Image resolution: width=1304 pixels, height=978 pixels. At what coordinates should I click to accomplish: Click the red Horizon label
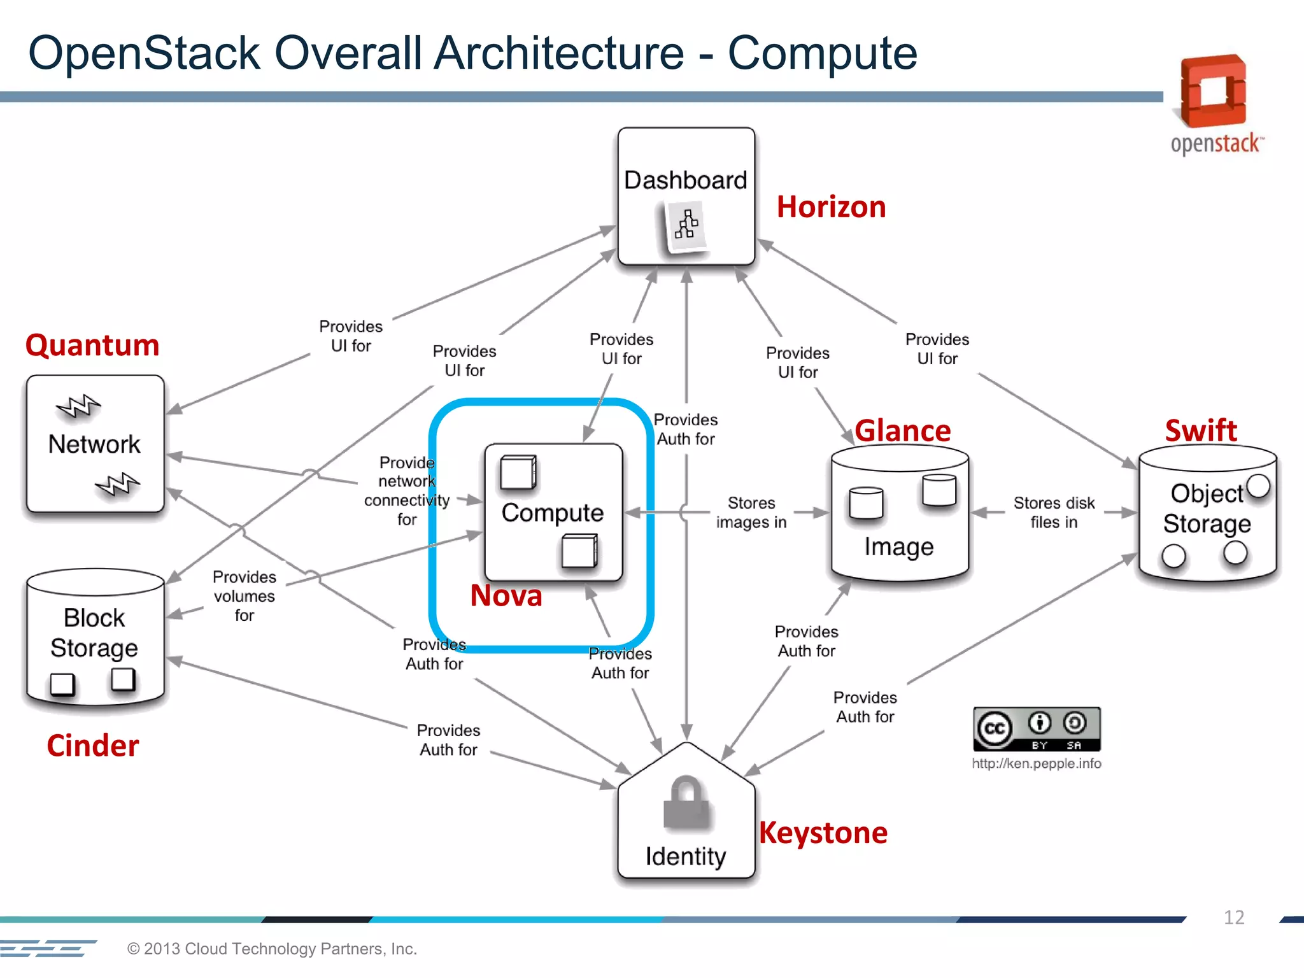pyautogui.click(x=831, y=208)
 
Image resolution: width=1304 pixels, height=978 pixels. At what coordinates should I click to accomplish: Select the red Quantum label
pyautogui.click(x=92, y=346)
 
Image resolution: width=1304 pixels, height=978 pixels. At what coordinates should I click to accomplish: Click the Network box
pyautogui.click(x=95, y=444)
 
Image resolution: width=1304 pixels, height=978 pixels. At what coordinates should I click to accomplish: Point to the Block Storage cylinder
pyautogui.click(x=95, y=637)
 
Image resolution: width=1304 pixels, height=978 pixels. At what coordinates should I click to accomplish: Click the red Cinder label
pyautogui.click(x=93, y=746)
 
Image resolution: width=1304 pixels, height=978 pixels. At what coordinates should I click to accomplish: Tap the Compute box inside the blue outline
pyautogui.click(x=553, y=512)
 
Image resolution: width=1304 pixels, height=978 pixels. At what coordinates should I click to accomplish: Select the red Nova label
pyautogui.click(x=506, y=596)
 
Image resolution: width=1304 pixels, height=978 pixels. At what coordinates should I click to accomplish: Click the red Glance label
pyautogui.click(x=902, y=431)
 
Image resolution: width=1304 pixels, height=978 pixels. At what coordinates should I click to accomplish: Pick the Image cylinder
pyautogui.click(x=899, y=516)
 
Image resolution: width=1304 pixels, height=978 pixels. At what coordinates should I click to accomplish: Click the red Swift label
pyautogui.click(x=1201, y=431)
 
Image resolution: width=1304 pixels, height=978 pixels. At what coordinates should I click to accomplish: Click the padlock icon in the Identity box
pyautogui.click(x=685, y=804)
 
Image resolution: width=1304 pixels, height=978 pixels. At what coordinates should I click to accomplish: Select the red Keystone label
pyautogui.click(x=823, y=833)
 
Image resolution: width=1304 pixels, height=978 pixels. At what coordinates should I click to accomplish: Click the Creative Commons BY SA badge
pyautogui.click(x=1037, y=729)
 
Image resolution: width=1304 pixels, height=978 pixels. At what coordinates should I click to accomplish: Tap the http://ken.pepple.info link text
pyautogui.click(x=1037, y=763)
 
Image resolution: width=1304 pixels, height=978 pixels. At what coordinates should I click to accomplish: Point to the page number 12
pyautogui.click(x=1233, y=917)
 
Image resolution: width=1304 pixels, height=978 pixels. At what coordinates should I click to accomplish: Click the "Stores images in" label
pyautogui.click(x=751, y=513)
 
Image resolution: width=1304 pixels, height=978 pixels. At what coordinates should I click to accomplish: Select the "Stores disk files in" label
pyautogui.click(x=1054, y=513)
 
